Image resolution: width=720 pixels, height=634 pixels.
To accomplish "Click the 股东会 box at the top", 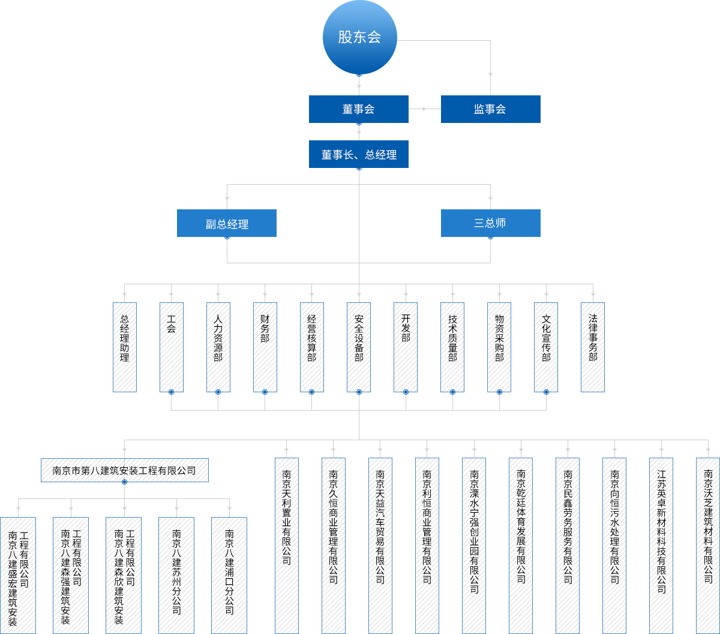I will (x=359, y=37).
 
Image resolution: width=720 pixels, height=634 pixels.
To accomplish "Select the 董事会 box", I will (x=358, y=109).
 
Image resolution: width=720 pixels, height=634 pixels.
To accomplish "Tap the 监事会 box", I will (x=490, y=109).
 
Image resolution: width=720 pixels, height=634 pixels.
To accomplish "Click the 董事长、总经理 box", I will (x=358, y=154).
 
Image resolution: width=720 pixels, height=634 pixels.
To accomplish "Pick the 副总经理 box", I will (x=226, y=223).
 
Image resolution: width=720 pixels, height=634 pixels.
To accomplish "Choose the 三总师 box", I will (x=490, y=223).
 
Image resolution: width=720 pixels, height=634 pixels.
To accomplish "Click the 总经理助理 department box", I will (x=125, y=347).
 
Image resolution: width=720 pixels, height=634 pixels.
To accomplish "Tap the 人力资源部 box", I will (x=218, y=347).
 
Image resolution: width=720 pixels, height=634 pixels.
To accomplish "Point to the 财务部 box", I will (x=265, y=347).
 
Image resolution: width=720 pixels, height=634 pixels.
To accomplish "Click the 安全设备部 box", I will (x=359, y=347).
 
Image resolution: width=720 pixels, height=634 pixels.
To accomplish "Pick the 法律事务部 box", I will (x=593, y=347).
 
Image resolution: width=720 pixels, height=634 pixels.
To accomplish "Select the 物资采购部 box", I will (x=499, y=347).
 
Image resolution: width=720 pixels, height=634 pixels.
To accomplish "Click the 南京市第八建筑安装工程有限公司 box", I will (x=124, y=470).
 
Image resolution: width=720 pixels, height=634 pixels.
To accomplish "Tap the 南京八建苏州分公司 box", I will (x=176, y=575).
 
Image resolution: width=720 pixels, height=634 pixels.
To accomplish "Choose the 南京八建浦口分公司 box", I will (x=229, y=575).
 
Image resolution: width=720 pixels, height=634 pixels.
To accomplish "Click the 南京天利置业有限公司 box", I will (x=287, y=545).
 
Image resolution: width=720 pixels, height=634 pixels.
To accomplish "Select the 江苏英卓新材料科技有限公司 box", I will (x=661, y=545).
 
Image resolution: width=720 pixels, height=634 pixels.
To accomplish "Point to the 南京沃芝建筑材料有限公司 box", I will (x=708, y=545).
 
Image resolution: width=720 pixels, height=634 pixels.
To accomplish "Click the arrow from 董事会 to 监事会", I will (x=424, y=109).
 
